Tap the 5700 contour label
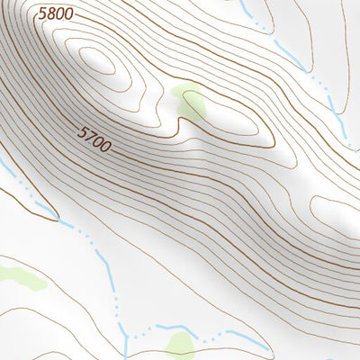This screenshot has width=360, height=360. (x=94, y=139)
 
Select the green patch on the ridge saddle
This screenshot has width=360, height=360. (x=191, y=103)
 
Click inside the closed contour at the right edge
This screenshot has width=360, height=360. (x=337, y=212)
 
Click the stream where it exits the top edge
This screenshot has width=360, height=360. (x=243, y=4)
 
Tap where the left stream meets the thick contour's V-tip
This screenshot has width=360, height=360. (x=58, y=219)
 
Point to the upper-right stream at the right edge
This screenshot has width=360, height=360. (x=351, y=135)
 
